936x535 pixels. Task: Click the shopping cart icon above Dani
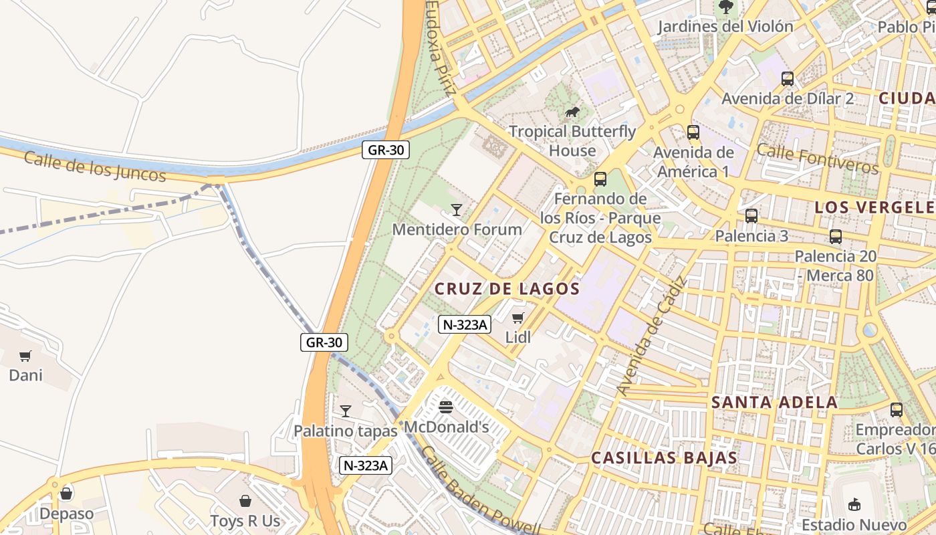click(25, 356)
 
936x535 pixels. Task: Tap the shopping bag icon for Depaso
click(66, 494)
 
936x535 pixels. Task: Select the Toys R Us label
click(245, 520)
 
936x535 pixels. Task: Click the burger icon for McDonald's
click(446, 407)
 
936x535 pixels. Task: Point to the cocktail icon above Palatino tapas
click(346, 411)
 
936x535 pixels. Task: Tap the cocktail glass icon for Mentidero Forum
click(457, 210)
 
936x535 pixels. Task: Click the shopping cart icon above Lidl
click(518, 318)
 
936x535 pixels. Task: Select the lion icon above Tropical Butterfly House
click(572, 112)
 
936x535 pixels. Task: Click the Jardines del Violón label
click(725, 27)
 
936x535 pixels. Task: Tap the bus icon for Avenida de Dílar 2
click(788, 79)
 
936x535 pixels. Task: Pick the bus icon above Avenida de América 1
click(693, 132)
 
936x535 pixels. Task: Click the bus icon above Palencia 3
click(751, 216)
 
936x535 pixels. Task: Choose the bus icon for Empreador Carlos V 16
click(897, 410)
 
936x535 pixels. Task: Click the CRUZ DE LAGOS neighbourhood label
click(507, 289)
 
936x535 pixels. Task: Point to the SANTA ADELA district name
click(774, 403)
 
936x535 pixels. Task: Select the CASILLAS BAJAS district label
click(664, 458)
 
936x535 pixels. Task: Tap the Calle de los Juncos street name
click(94, 167)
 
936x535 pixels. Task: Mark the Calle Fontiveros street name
click(817, 158)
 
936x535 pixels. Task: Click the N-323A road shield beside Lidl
click(465, 325)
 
